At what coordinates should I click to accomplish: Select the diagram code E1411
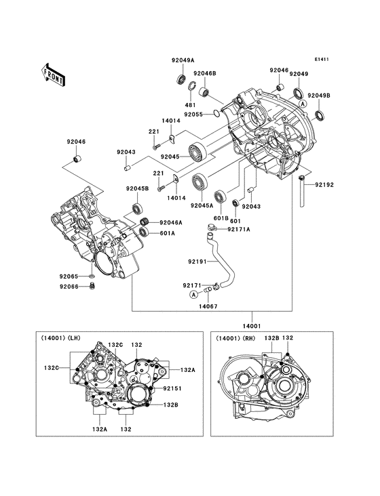322,60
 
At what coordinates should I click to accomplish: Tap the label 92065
68,276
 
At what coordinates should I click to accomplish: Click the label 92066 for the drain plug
68,287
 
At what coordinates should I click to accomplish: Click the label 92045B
136,188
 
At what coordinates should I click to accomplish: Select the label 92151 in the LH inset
172,389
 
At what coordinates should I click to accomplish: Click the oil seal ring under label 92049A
182,79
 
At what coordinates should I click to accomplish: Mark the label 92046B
204,73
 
